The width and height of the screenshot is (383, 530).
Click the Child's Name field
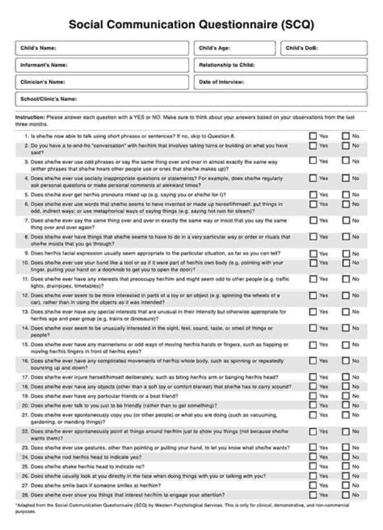(x=101, y=48)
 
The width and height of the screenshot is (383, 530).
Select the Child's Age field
(x=235, y=48)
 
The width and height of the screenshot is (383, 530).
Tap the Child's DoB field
(x=323, y=48)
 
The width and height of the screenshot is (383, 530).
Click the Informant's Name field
(x=101, y=65)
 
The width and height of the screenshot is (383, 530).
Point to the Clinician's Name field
(x=101, y=82)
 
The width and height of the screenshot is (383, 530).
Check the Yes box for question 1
(x=313, y=136)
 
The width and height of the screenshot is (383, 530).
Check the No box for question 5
(x=346, y=195)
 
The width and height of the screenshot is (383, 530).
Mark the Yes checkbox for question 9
(x=313, y=253)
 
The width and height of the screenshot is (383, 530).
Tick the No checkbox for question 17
(x=346, y=377)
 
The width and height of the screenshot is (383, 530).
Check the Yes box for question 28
(x=313, y=494)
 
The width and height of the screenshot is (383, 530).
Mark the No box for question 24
(x=346, y=457)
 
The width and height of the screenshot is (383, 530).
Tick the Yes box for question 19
(x=313, y=396)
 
